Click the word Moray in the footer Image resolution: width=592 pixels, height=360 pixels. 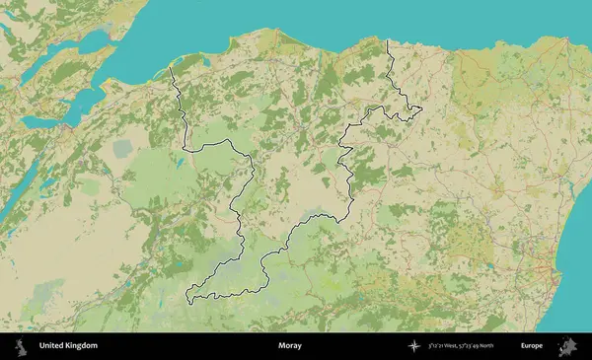pos(289,346)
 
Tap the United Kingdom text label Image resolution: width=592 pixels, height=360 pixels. pos(68,346)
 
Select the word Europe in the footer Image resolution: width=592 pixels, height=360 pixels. pos(532,346)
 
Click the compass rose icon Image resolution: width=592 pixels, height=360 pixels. pos(415,346)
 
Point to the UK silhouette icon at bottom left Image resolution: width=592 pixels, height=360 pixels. pos(21,346)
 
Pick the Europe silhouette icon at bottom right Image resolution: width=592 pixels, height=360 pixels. pos(568,346)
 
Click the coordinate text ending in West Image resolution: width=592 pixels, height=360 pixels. pos(448,346)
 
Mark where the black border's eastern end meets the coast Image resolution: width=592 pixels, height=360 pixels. pos(387,40)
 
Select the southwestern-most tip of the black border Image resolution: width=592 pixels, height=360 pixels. pos(187,297)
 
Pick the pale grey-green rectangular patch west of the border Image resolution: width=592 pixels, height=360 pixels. pos(122,149)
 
